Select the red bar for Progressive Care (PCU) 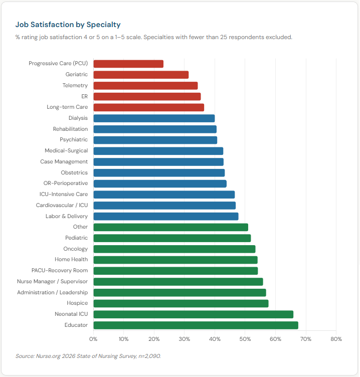128,64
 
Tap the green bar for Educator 196,325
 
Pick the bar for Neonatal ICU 193,314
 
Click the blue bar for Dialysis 154,118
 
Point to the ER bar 147,96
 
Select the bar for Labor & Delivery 166,216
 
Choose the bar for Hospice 181,303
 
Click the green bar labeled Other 170,227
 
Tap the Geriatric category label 76,75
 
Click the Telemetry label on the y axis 75,86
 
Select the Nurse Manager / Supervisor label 52,282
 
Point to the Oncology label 75,249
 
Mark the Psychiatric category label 74,140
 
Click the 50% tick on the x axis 245,339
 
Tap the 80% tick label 336,339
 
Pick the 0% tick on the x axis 94,339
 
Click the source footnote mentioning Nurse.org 88,356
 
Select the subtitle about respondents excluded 153,37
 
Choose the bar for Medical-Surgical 158,151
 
